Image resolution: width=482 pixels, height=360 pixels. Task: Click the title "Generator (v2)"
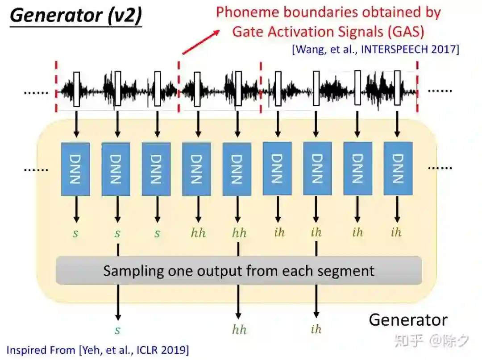(76, 16)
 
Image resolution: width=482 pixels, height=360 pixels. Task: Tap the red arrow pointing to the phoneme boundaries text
(201, 42)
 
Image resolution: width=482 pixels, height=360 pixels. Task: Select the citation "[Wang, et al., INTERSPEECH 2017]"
(375, 49)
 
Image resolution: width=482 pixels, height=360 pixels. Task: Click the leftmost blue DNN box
(75, 169)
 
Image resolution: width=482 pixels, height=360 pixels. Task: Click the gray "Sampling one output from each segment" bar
(239, 270)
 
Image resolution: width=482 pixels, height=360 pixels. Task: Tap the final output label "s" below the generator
(118, 331)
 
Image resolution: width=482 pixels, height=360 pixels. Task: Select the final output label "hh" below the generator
(239, 330)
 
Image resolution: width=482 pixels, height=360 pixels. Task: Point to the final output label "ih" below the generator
(316, 330)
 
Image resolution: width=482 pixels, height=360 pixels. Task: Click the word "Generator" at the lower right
(408, 320)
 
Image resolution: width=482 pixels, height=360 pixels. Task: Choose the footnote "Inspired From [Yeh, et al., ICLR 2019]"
(98, 350)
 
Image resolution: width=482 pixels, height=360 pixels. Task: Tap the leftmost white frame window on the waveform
(76, 89)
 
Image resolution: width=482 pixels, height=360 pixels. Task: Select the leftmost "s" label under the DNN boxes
(76, 233)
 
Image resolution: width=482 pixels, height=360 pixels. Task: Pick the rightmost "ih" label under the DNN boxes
(396, 232)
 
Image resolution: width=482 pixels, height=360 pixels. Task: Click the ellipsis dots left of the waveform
(36, 93)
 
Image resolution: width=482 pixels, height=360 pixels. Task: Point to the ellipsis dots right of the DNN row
(440, 168)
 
